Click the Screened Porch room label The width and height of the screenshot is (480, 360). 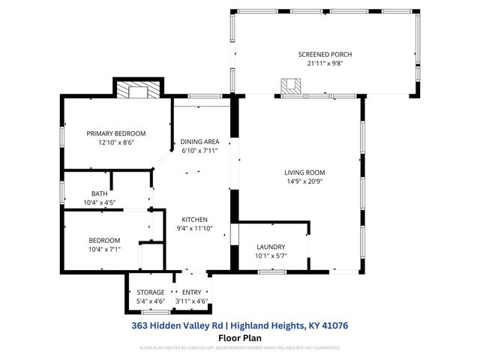click(325, 55)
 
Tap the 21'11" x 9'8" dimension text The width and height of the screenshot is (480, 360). click(325, 64)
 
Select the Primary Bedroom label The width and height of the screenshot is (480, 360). click(115, 133)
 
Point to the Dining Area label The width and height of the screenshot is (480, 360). click(198, 142)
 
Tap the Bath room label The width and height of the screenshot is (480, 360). click(100, 193)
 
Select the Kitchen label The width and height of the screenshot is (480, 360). click(194, 220)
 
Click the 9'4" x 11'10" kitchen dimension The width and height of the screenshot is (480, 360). click(194, 229)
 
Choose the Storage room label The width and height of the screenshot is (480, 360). click(150, 292)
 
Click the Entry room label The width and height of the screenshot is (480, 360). click(192, 292)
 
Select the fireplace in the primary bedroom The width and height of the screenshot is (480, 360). click(139, 91)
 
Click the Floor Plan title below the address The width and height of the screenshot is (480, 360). click(239, 337)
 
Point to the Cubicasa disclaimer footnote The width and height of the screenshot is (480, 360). click(240, 348)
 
